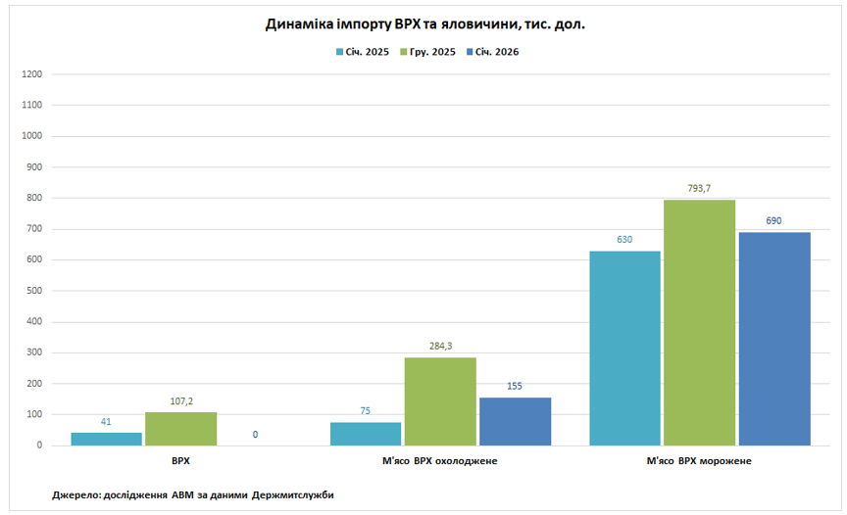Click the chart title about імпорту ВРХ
424,23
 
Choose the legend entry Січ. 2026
498,52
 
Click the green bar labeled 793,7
699,322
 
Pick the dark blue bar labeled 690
774,339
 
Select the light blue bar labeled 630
624,348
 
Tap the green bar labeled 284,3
440,401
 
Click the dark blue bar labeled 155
515,421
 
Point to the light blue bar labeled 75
366,434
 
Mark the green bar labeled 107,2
180,429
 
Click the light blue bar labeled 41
106,439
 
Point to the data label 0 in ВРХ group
255,434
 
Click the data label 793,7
699,189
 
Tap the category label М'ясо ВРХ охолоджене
440,460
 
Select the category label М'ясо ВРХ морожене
699,460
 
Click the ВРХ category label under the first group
180,460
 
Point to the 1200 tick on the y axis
31,74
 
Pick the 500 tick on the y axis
34,291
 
